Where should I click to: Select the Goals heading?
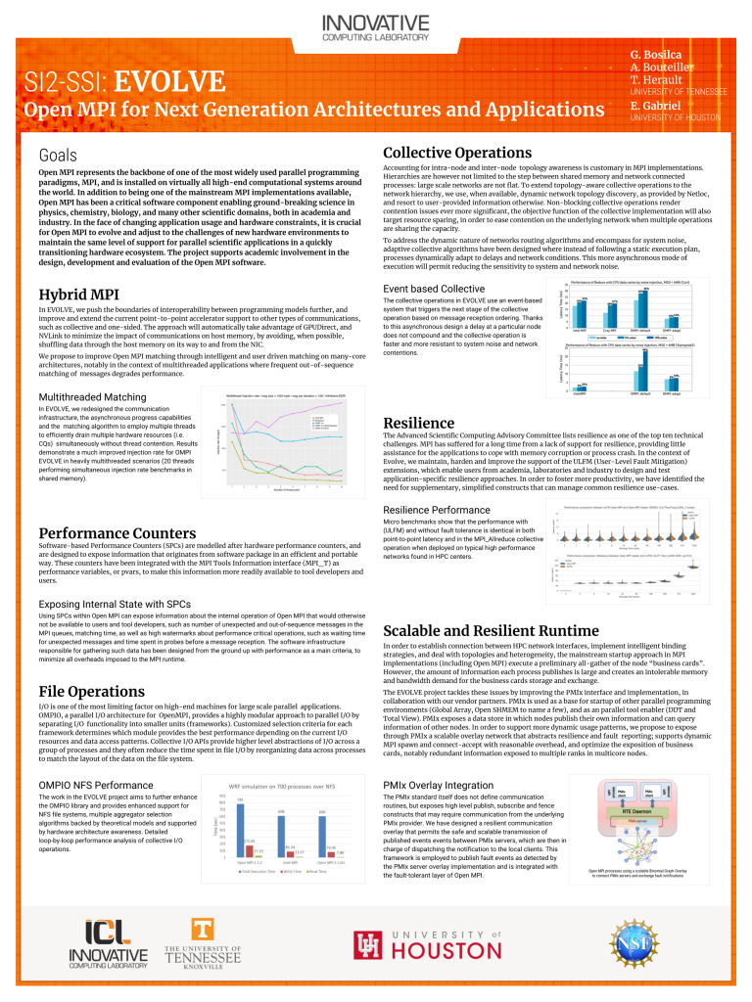click(58, 156)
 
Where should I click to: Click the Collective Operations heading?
click(456, 153)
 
